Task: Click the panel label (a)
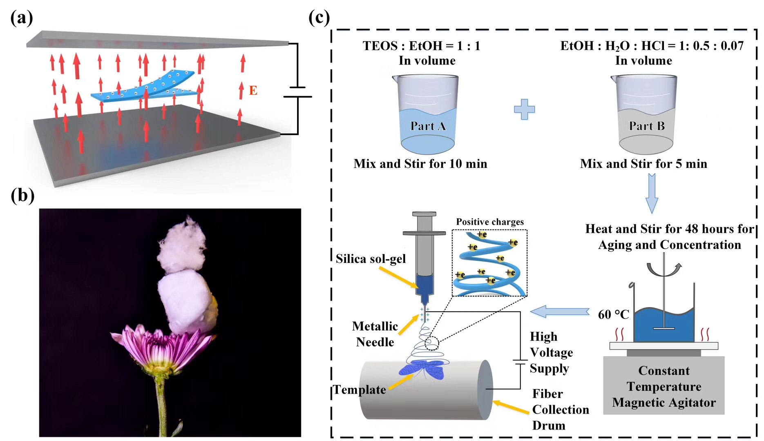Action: coord(22,18)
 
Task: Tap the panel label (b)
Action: coord(22,195)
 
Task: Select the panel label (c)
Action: coord(319,18)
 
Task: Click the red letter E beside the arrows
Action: coord(253,90)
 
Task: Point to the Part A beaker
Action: coord(427,114)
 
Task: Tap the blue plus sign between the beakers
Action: coord(524,109)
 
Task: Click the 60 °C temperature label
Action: coord(613,314)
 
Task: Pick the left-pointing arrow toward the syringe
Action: coord(560,312)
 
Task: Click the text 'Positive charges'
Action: coord(490,222)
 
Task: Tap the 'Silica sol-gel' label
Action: coord(371,259)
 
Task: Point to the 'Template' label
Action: coord(360,390)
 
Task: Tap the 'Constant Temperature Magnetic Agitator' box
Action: coord(663,386)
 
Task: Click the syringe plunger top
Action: coord(424,214)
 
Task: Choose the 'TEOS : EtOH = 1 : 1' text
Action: coord(421,46)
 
